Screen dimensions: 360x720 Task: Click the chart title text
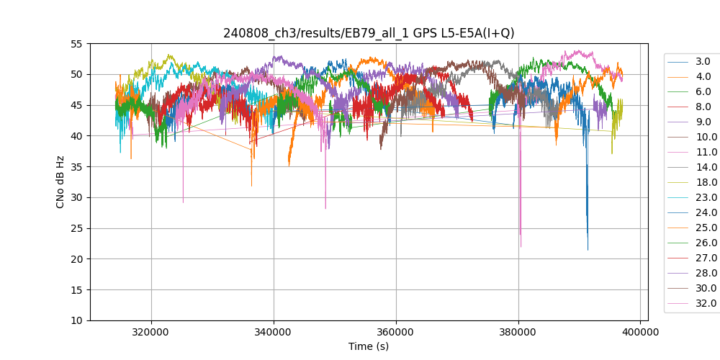(369, 33)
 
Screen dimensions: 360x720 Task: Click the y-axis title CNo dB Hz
(60, 182)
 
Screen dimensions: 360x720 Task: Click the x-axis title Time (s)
(369, 346)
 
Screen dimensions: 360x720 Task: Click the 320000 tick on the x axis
(151, 333)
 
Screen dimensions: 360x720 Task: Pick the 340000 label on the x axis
(274, 333)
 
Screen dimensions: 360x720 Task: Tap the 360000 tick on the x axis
(396, 333)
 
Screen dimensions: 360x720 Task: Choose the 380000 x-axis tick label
(518, 333)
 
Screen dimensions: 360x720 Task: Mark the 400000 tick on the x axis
(641, 333)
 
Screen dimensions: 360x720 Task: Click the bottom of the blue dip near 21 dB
(588, 249)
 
